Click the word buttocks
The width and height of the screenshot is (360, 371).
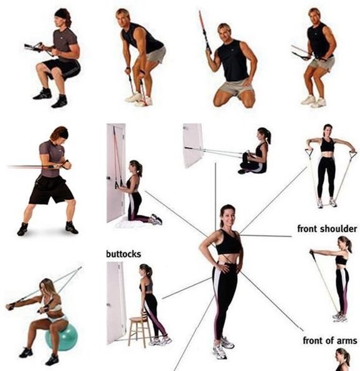click(123, 254)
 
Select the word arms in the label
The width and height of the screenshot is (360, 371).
click(348, 340)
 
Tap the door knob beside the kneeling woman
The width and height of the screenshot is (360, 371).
click(108, 178)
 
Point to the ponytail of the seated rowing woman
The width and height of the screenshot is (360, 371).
click(268, 136)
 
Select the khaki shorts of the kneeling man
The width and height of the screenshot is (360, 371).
click(236, 87)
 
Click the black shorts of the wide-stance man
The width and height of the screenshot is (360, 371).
click(50, 190)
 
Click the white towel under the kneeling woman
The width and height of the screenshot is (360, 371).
click(133, 223)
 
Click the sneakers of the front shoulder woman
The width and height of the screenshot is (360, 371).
click(340, 317)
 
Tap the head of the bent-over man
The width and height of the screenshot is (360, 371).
click(123, 17)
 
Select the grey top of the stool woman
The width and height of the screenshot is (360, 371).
click(146, 285)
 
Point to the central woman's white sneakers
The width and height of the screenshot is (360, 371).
click(222, 347)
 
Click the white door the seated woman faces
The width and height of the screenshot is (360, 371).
click(193, 145)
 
